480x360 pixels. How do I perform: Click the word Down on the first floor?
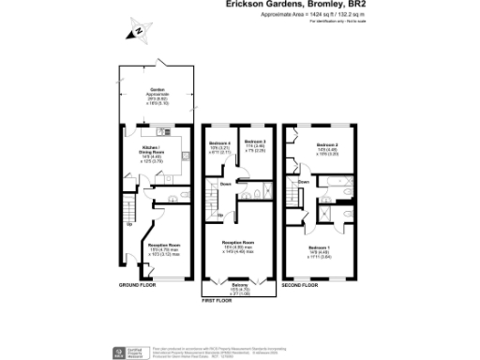[226, 184]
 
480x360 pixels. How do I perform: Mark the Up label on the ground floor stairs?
[128, 224]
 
